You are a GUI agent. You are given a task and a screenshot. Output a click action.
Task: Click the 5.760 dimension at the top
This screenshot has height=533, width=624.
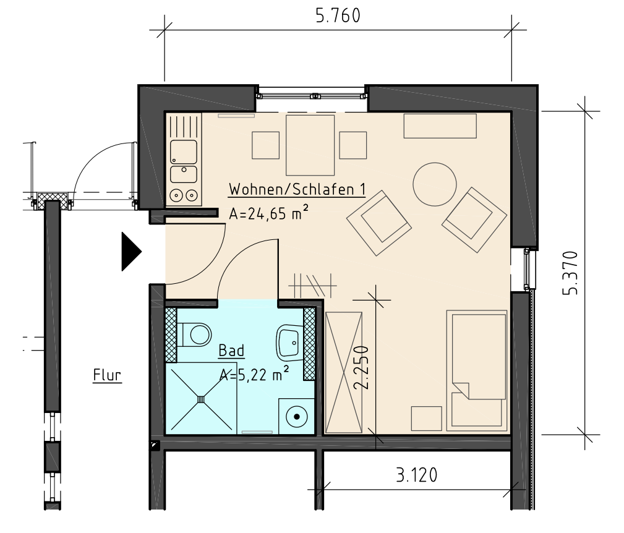point(338,16)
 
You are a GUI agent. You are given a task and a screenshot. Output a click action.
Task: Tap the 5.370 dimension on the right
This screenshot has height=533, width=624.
point(570,273)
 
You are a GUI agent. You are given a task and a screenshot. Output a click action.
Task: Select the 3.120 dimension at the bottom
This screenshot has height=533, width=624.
point(417,475)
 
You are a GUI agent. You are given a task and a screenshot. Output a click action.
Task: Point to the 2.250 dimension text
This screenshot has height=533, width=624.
point(362,367)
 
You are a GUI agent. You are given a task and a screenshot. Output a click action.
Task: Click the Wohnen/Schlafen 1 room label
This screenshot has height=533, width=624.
point(297,189)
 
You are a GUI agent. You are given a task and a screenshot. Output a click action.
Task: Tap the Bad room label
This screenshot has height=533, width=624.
point(232,351)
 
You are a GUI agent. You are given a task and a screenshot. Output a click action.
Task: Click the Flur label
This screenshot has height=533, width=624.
point(107,375)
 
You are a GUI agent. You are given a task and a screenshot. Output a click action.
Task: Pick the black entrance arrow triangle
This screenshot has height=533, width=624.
point(131,252)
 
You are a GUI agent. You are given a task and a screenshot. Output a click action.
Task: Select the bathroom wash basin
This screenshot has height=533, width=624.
point(289,341)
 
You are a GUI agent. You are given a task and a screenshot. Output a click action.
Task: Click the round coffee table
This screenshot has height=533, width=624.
point(435,184)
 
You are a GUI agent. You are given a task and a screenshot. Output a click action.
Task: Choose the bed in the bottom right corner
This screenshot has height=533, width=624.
point(477,371)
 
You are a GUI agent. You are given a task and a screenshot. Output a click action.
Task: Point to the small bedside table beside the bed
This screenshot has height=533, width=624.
point(427,419)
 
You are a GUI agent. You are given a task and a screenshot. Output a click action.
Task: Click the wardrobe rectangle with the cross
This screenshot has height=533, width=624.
point(344,373)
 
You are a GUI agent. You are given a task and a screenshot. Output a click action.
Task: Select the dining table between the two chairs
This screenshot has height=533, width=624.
point(310,145)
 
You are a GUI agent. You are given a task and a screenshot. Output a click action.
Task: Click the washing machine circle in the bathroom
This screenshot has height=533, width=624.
point(296,417)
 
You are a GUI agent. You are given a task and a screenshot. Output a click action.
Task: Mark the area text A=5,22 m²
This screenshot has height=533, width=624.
point(254,374)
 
